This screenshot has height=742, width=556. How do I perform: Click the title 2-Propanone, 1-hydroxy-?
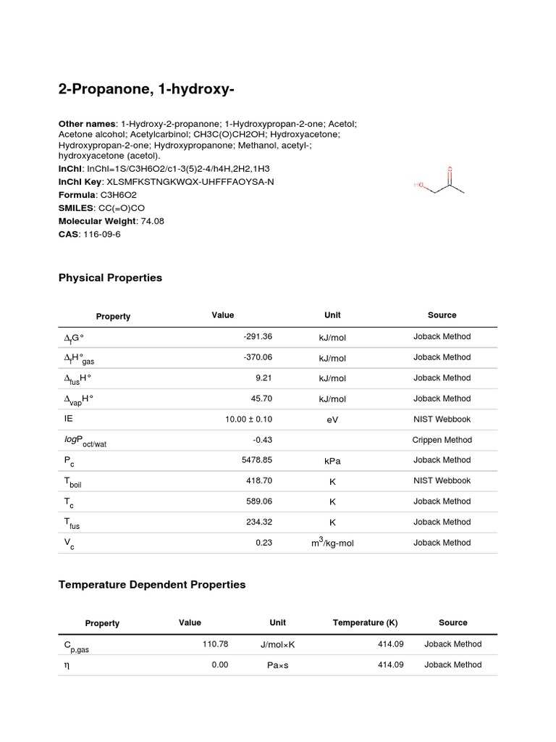point(146,89)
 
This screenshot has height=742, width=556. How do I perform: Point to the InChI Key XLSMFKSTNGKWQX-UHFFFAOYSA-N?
point(190,182)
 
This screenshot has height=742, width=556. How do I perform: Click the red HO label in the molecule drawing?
point(418,185)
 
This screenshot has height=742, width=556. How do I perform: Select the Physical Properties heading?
point(110,278)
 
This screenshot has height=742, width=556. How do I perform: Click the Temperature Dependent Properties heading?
point(152,584)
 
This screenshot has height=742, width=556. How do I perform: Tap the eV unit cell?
point(332,420)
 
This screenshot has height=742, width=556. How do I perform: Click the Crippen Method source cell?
point(442,440)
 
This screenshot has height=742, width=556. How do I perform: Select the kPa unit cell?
point(332,461)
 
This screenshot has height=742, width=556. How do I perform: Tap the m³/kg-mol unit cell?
point(332,543)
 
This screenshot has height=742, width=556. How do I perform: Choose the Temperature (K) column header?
point(365,622)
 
